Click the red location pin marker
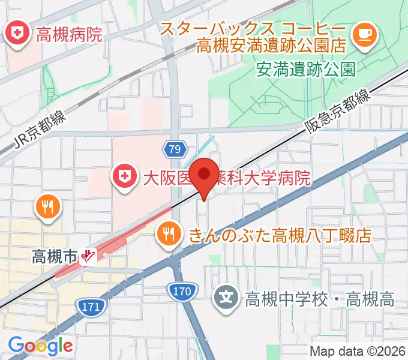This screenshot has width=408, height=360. [x=206, y=176]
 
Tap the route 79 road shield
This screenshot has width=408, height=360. [x=174, y=149]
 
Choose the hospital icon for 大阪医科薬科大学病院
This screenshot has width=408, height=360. [x=124, y=177]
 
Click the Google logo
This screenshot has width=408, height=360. [x=41, y=346]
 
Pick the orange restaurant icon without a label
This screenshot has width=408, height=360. [x=47, y=207]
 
